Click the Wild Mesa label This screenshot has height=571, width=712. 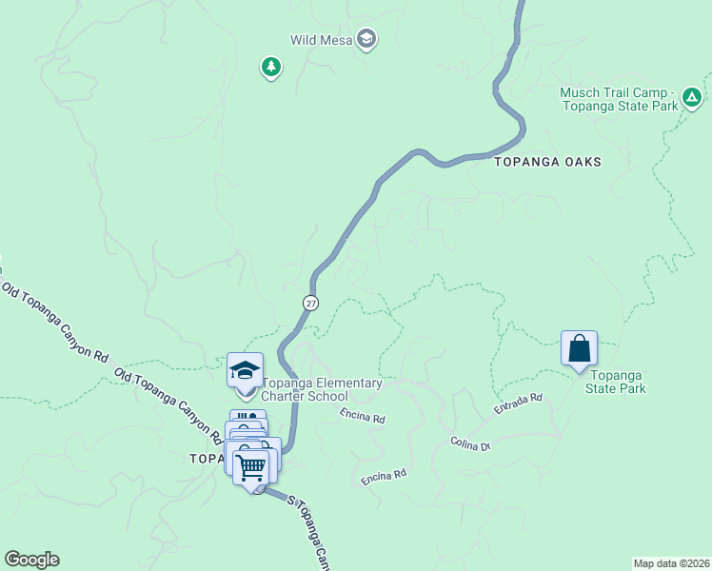[322, 40]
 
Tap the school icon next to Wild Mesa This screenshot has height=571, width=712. [366, 39]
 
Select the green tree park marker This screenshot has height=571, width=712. [271, 67]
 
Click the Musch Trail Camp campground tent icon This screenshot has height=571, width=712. [692, 96]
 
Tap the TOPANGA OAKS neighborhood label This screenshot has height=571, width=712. [548, 162]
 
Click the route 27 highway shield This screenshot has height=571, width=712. [311, 302]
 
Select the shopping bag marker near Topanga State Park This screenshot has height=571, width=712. [579, 349]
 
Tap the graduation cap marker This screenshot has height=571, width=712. [245, 369]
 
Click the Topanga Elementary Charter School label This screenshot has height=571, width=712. [322, 389]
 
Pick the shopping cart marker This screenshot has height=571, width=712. [251, 467]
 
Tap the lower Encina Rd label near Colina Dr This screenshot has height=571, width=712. [384, 476]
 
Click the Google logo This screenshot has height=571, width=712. [31, 560]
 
